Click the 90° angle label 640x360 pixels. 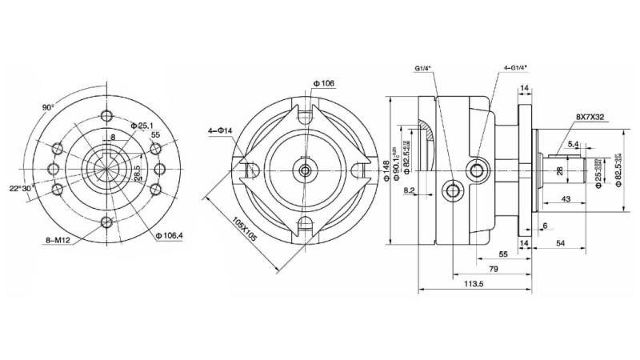point(48,106)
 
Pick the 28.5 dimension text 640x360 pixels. point(137,173)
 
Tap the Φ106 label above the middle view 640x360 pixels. point(323,83)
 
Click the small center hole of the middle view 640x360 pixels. point(306,170)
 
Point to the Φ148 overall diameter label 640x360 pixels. point(387,169)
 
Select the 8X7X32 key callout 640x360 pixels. point(588,117)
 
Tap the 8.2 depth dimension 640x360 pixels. point(409,191)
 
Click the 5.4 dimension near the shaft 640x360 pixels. point(573,144)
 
